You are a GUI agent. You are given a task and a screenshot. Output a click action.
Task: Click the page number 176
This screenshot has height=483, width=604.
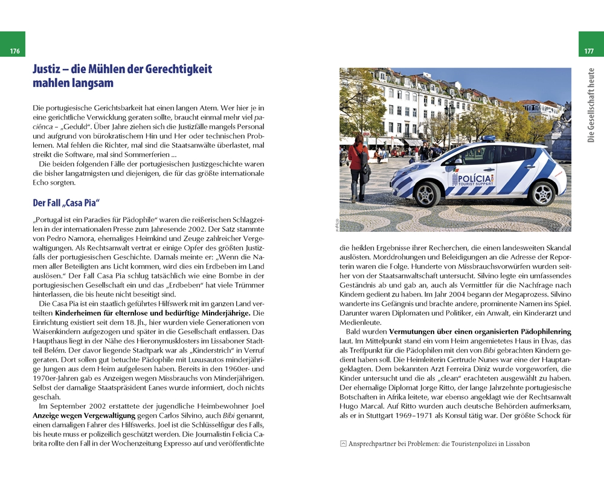(x=15, y=51)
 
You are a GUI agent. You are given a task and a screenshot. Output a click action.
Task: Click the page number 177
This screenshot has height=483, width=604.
(x=589, y=51)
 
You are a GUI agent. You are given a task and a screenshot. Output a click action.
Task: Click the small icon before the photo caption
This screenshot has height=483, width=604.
(x=343, y=444)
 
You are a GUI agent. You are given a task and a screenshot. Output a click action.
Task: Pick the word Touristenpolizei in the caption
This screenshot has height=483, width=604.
(x=479, y=444)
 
